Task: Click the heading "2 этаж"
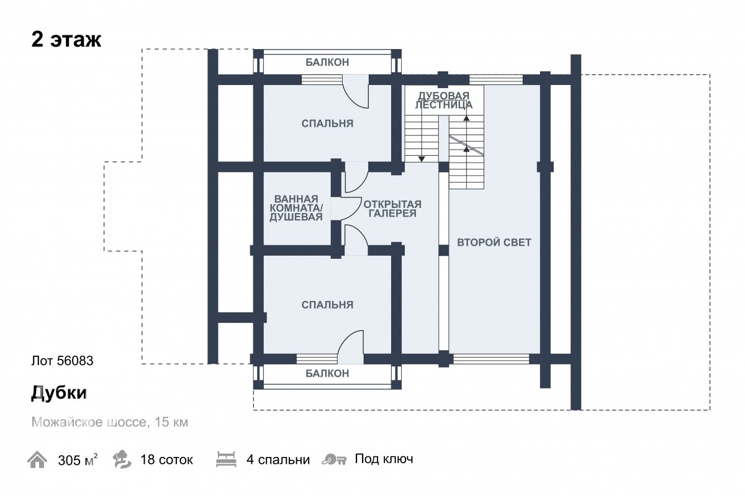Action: [x=66, y=40]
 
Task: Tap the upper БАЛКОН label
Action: [x=327, y=62]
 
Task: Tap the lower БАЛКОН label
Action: [x=327, y=374]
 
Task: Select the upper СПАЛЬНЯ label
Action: [x=327, y=124]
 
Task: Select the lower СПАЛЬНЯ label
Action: [x=327, y=305]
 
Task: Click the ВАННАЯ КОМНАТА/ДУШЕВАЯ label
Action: [x=296, y=208]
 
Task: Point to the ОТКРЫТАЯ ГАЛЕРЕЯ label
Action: [x=392, y=209]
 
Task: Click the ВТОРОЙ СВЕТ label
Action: [x=494, y=242]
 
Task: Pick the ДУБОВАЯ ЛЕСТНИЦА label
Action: [x=444, y=100]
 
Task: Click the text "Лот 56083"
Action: [x=61, y=361]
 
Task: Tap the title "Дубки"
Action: [x=58, y=393]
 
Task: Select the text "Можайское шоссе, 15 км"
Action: [x=109, y=423]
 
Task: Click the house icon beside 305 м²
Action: [x=37, y=460]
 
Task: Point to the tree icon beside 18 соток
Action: [x=122, y=460]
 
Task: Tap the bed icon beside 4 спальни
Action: [x=226, y=460]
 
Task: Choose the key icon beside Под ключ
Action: [x=334, y=460]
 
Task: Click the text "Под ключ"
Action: [x=384, y=459]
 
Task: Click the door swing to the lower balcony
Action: [x=350, y=345]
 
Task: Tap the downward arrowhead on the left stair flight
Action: [x=422, y=159]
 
